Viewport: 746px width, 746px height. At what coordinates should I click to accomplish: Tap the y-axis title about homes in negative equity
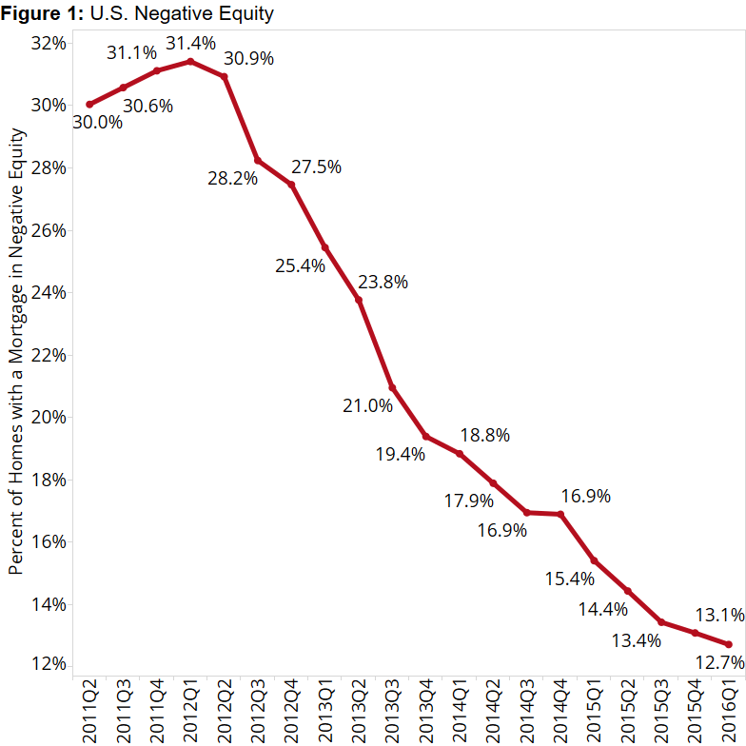[x=15, y=351]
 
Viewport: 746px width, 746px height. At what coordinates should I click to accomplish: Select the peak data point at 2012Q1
[x=190, y=61]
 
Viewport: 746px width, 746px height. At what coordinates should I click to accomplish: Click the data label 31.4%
[x=190, y=43]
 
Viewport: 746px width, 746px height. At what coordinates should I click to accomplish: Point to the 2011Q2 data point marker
[x=89, y=105]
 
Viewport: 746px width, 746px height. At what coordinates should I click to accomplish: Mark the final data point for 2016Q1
[x=728, y=644]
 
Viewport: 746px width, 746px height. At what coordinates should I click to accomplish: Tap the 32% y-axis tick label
[x=48, y=43]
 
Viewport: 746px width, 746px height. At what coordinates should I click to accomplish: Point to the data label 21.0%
[x=368, y=406]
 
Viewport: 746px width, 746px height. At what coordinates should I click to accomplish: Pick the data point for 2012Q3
[x=258, y=161]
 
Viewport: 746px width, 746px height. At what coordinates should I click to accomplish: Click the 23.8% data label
[x=383, y=282]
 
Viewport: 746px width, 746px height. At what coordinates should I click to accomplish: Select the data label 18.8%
[x=485, y=436]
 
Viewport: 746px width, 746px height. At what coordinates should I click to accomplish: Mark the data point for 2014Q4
[x=560, y=514]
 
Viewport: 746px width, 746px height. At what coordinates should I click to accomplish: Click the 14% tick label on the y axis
[x=48, y=604]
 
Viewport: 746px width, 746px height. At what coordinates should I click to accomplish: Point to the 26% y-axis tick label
[x=48, y=230]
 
